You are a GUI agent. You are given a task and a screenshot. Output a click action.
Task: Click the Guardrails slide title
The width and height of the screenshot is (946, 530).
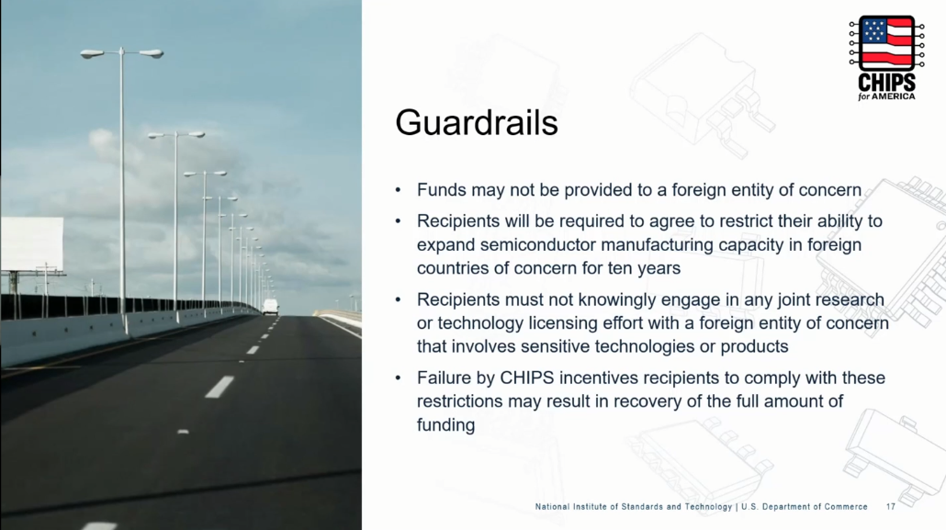[x=477, y=122]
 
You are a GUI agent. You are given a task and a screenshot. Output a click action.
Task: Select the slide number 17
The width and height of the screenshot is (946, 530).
[x=891, y=506]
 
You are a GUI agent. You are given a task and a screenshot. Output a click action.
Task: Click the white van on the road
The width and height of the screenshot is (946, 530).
[x=270, y=307]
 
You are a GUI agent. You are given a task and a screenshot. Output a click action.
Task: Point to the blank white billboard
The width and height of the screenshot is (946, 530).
[x=32, y=244]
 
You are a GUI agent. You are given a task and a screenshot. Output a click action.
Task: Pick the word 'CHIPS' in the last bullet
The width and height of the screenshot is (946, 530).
[x=526, y=378]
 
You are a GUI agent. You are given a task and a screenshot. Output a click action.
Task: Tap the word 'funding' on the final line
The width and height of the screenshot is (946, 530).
[x=445, y=425]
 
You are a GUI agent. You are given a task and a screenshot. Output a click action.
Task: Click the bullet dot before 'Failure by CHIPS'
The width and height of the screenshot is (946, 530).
[x=398, y=378]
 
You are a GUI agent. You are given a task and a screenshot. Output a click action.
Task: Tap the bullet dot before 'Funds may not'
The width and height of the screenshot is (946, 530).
[x=398, y=191]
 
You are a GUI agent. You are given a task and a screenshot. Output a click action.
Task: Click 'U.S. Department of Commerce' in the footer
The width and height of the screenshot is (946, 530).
[x=805, y=506]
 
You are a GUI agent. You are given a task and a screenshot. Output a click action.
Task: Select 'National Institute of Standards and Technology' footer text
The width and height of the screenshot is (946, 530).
[x=634, y=506]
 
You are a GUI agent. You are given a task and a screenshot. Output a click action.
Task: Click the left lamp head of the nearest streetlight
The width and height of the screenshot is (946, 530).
[x=93, y=53]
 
